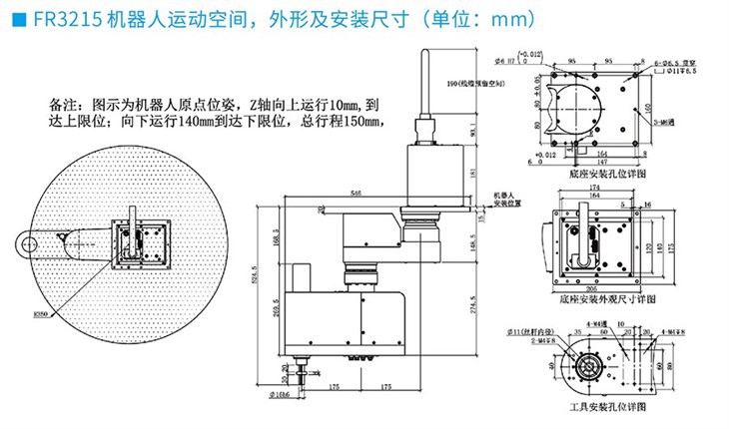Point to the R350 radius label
(42, 313)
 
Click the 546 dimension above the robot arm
(357, 192)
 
